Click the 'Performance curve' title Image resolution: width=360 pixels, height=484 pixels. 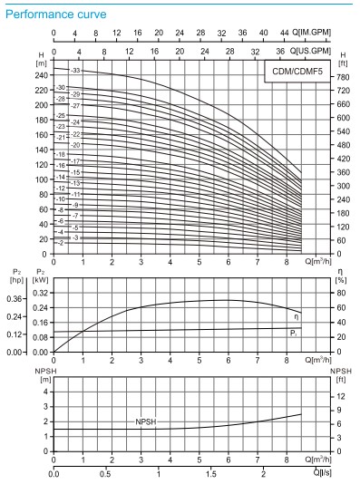pyautogui.click(x=55, y=15)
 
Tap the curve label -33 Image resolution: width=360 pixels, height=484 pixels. pyautogui.click(x=76, y=70)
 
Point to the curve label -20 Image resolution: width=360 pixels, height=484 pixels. pyautogui.click(x=76, y=145)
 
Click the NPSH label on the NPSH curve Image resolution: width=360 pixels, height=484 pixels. pyautogui.click(x=145, y=422)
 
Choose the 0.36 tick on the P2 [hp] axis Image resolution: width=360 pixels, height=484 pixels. pyautogui.click(x=15, y=298)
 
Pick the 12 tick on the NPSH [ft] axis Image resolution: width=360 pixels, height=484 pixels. pyautogui.click(x=341, y=396)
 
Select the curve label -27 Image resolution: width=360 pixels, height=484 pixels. pyautogui.click(x=76, y=106)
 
